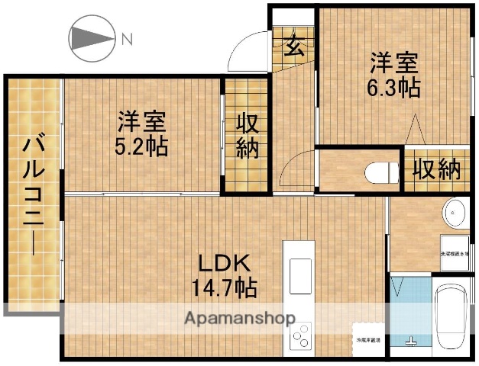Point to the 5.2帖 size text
pos(141,146)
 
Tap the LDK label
pos(225,264)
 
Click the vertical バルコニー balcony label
pos(33,194)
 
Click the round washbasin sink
pos(456,211)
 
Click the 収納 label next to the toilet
pos(436,168)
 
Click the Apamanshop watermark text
pos(241,317)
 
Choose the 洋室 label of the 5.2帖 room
pos(141,122)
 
